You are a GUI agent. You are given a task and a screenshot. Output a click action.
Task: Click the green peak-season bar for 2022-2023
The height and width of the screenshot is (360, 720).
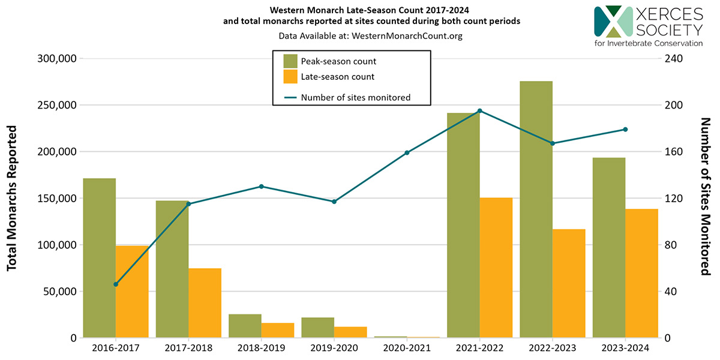click(x=536, y=210)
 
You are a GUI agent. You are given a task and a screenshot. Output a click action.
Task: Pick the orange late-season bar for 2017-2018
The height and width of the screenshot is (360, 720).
click(x=205, y=303)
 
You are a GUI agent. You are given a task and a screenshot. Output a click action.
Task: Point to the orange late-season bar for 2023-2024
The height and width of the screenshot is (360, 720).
click(x=641, y=273)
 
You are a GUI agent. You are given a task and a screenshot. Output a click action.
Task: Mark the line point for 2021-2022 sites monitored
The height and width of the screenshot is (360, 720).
click(x=479, y=111)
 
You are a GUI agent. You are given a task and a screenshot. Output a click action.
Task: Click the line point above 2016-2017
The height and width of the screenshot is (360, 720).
click(x=116, y=284)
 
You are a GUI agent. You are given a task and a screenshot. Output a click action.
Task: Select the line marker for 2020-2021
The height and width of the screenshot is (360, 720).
click(x=407, y=152)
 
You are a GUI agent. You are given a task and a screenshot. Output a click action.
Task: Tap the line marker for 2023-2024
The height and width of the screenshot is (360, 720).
click(x=625, y=130)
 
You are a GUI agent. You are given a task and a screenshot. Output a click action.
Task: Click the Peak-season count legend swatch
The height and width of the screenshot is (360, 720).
click(x=290, y=61)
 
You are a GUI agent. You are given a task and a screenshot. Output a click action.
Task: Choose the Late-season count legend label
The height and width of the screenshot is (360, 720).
click(x=337, y=77)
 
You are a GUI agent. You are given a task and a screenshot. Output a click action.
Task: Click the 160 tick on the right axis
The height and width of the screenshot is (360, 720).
click(x=672, y=152)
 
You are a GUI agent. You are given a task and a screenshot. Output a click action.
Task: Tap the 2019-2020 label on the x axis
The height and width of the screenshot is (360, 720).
click(x=334, y=349)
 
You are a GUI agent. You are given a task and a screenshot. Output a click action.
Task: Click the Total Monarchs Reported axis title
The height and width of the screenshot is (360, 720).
click(x=12, y=198)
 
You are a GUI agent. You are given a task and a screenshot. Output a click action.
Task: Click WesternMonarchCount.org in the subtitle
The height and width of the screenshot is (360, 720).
click(x=407, y=36)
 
